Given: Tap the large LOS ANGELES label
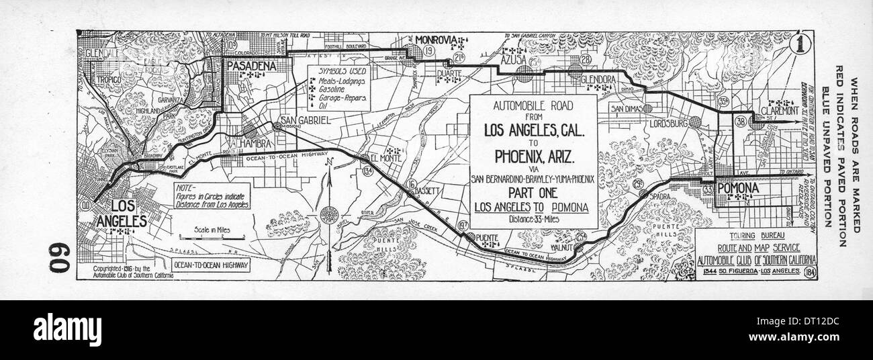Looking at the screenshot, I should [x=122, y=213].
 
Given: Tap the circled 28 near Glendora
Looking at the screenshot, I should [x=586, y=60].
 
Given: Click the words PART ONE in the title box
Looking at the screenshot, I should [x=532, y=192].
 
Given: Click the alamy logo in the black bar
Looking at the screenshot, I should [x=67, y=330].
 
